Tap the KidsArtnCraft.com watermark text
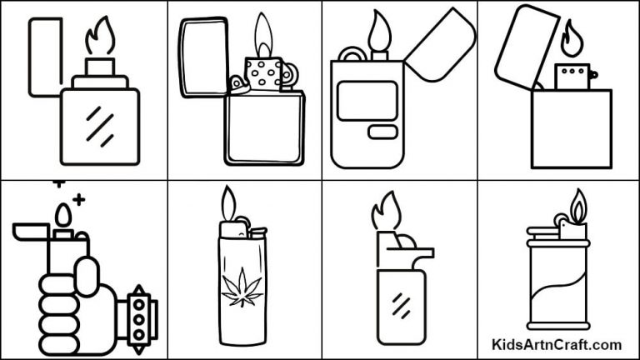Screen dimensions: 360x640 [x=556, y=344]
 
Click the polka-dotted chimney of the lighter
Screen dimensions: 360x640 [x=262, y=72]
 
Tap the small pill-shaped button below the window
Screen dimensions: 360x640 [x=383, y=132]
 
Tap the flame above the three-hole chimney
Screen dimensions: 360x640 [x=571, y=37]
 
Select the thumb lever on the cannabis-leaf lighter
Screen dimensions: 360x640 [x=255, y=233]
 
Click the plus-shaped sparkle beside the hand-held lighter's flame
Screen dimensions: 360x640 [x=79, y=200]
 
